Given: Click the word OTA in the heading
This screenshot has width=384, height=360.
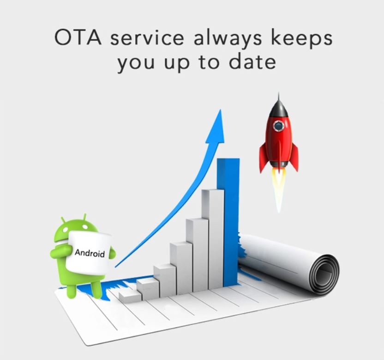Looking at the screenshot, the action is click(78, 37).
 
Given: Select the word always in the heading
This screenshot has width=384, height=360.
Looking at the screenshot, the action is click(228, 39).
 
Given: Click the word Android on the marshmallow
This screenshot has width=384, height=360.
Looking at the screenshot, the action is click(90, 253).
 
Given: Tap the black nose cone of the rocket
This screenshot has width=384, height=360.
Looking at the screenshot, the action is click(278, 105).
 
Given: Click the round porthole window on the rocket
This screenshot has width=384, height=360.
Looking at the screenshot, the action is click(278, 126).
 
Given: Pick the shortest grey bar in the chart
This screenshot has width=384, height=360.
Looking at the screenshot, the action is click(130, 297).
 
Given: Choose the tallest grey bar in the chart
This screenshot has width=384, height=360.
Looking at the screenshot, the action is click(213, 239).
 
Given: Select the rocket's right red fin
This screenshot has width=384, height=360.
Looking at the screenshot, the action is click(294, 157).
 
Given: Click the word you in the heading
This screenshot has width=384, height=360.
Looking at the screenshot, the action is click(136, 64).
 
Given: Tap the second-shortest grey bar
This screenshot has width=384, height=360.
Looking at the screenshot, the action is click(148, 289).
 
